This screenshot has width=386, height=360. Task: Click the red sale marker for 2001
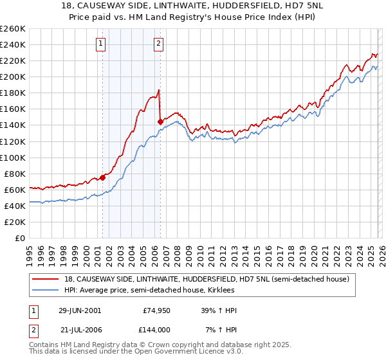[102, 177]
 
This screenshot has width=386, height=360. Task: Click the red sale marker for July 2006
[160, 121]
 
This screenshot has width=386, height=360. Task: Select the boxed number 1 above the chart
[102, 44]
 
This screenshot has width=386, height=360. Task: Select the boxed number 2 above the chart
[158, 44]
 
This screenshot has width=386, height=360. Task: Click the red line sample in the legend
[47, 279]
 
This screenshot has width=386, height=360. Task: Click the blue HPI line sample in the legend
[47, 291]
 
